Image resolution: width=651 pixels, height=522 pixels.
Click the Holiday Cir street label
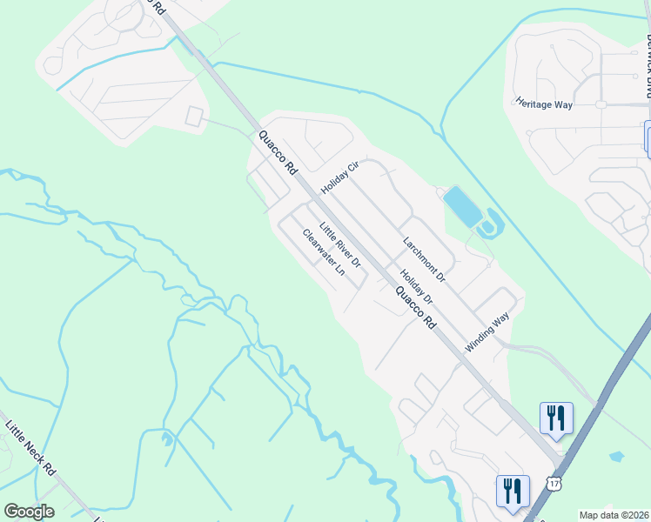point(339,177)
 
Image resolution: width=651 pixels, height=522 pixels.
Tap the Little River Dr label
point(339,244)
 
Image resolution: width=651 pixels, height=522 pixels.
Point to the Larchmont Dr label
point(424,258)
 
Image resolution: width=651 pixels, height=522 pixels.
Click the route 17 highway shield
point(554,481)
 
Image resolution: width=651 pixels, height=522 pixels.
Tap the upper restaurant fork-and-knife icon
point(555,418)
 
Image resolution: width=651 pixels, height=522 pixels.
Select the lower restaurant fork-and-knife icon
point(512,490)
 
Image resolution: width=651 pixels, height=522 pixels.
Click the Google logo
point(29,512)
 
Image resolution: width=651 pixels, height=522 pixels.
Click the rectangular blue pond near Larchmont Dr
point(462,207)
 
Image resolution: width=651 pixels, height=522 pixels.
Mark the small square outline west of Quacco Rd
point(194,117)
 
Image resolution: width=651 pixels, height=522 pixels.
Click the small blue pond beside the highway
point(617,456)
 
